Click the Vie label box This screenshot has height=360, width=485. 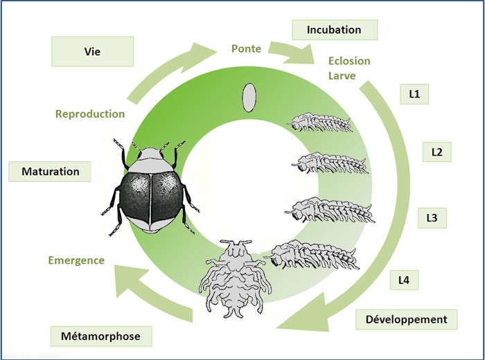[x=92, y=52]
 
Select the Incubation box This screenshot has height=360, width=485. [x=335, y=30]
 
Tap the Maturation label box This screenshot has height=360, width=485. [x=50, y=171]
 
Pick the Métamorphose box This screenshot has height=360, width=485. [x=101, y=336]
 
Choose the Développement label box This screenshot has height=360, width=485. [x=406, y=319]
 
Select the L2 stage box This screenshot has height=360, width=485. [x=436, y=152]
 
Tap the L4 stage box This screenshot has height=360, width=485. [x=404, y=280]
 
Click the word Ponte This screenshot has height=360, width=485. [x=246, y=48]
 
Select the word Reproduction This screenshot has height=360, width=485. [x=90, y=114]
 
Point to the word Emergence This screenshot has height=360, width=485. [x=76, y=260]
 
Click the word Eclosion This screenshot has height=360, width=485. [x=349, y=61]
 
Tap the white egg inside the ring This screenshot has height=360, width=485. [x=247, y=97]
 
